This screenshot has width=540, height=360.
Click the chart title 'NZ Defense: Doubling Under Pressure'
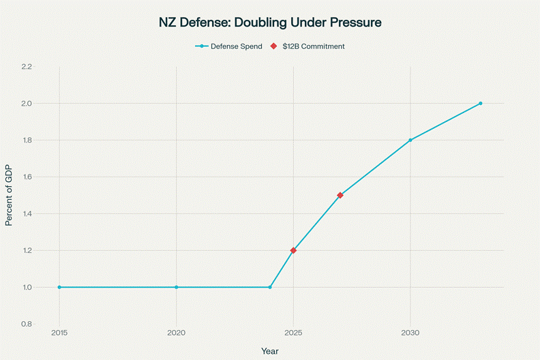coord(269,22)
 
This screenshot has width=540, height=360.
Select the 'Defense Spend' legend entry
coord(229,46)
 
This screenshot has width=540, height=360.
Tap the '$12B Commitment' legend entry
coord(308,46)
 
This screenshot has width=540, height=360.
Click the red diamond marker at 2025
coord(293,250)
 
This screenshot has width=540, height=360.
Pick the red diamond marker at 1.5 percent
coord(340,195)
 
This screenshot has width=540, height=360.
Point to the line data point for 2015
coord(59,287)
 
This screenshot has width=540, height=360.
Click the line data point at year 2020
coord(177,287)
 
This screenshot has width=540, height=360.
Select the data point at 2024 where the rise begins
coord(270,287)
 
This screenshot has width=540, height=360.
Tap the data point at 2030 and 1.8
coord(410,140)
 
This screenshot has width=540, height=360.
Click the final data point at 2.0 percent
coord(481,103)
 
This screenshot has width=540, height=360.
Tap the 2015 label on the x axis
coord(59,333)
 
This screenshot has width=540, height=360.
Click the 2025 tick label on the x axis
coord(293,333)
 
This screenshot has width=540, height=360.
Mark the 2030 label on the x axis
coord(410,333)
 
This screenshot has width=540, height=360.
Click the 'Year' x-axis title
coord(269,350)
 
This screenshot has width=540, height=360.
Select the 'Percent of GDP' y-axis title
coord(9,195)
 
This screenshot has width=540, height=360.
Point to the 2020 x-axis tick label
coord(177,333)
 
